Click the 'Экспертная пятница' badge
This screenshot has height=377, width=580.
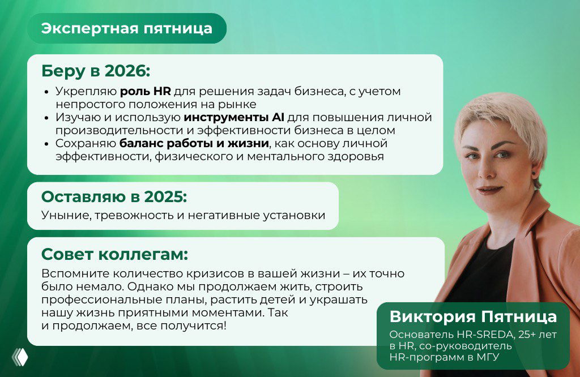(x=127, y=28)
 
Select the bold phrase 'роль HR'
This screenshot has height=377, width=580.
(x=145, y=91)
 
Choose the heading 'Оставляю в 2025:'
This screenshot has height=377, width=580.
(x=114, y=196)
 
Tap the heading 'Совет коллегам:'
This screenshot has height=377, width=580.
(x=114, y=252)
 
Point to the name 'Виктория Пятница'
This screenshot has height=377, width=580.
(x=473, y=316)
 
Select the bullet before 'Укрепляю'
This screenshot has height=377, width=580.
(x=47, y=92)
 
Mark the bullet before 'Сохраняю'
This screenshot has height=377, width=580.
(x=47, y=144)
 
